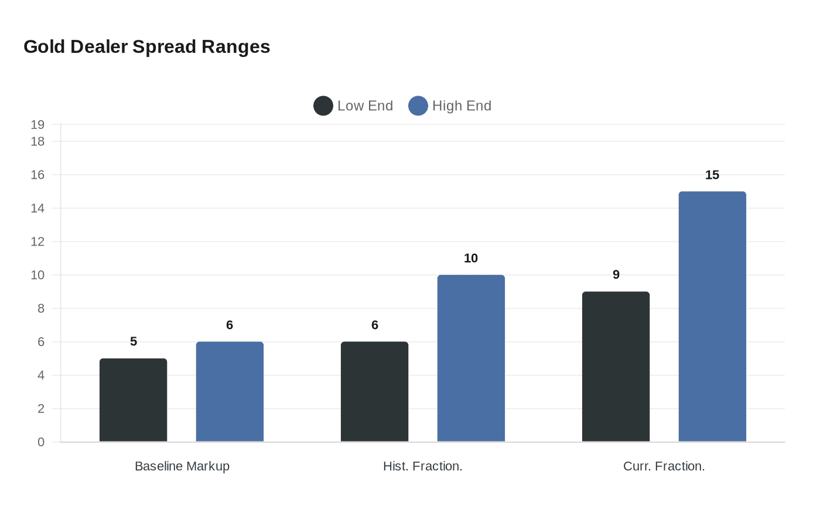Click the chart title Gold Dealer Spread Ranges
(146, 47)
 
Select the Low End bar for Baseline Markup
(133, 400)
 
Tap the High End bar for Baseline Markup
(230, 392)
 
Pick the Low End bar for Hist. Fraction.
(374, 392)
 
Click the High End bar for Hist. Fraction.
(471, 358)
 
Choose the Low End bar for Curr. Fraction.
(616, 366)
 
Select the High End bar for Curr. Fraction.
(712, 317)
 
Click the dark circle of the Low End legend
(323, 106)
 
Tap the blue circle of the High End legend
(418, 106)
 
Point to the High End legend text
(462, 106)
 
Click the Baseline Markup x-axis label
(182, 466)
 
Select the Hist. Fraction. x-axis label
(422, 466)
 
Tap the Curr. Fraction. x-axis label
(664, 466)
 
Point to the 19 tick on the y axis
(37, 124)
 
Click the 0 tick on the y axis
(41, 442)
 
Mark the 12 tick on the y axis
(37, 242)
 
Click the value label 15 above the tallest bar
(712, 175)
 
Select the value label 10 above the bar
(471, 259)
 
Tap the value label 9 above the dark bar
(616, 275)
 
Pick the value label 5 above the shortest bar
(134, 342)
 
